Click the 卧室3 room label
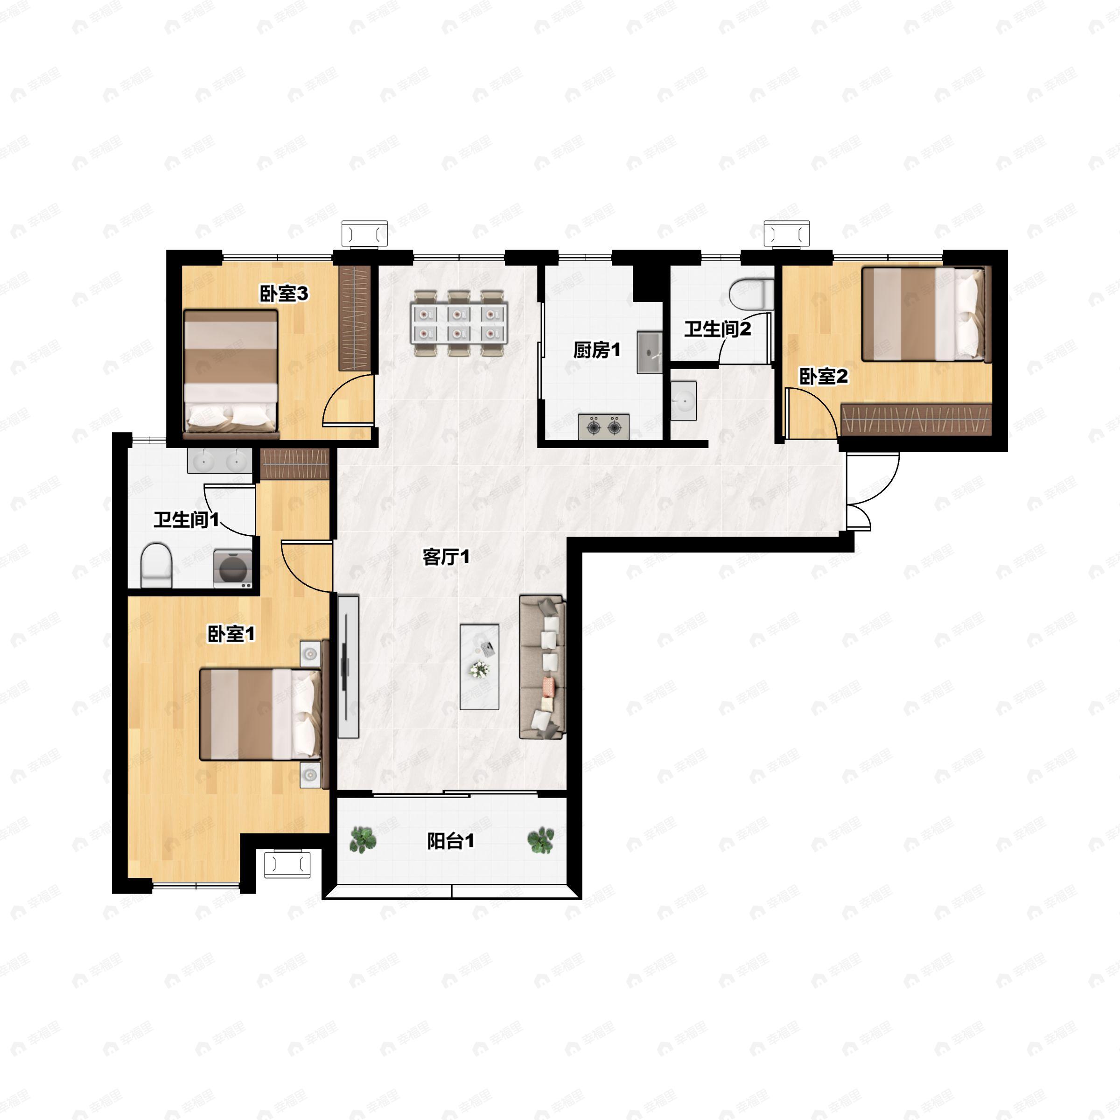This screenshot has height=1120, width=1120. point(283,294)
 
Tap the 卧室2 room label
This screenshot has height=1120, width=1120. point(823,377)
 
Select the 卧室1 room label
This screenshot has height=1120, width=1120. point(231,634)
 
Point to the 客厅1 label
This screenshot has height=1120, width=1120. point(445,557)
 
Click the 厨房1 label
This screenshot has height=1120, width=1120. point(596,350)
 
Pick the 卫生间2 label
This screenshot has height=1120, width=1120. point(717,329)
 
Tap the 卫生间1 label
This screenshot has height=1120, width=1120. point(186,519)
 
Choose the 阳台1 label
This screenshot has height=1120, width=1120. point(450,840)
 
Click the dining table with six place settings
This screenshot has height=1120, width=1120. point(459,323)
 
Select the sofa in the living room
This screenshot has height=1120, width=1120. point(541,667)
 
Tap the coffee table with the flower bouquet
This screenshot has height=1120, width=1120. point(479,667)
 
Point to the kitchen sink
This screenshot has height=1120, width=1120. point(649,352)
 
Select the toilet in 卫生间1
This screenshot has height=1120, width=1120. point(156,565)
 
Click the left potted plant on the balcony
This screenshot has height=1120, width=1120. point(363,840)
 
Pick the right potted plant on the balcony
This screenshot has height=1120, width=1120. point(540,840)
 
